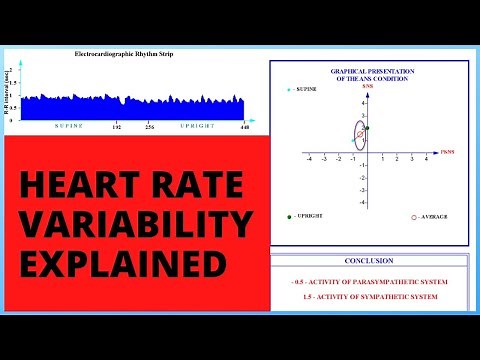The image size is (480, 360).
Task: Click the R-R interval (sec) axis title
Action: (11, 90)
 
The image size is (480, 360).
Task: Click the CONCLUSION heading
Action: (370, 261)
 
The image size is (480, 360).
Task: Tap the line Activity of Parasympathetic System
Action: (370, 282)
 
